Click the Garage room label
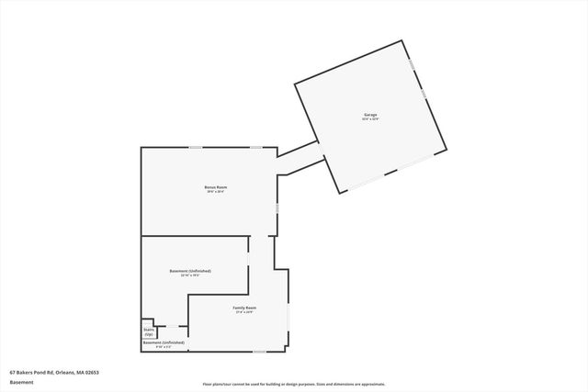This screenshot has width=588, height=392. click(x=370, y=115)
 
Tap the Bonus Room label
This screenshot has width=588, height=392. click(x=216, y=187)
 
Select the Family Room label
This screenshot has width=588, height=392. click(x=244, y=308)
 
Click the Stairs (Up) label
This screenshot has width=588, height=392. click(x=149, y=332)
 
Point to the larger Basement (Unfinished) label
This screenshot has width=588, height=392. click(x=190, y=271)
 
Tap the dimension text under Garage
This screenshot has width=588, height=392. click(x=370, y=119)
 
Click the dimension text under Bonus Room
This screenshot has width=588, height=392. click(x=216, y=192)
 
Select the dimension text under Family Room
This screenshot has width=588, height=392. click(x=244, y=312)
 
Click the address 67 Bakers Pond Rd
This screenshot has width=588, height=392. click(x=54, y=372)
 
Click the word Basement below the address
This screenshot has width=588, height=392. click(x=21, y=382)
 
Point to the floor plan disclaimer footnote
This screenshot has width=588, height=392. click(x=293, y=384)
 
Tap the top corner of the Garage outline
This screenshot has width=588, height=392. click(x=402, y=40)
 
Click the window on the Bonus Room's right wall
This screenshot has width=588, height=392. click(x=277, y=209)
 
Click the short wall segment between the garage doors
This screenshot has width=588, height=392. click(x=391, y=173)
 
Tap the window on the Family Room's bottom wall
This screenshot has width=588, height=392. click(x=259, y=351)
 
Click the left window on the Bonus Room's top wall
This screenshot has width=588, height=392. click(x=196, y=147)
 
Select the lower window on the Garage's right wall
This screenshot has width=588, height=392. click(x=423, y=93)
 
